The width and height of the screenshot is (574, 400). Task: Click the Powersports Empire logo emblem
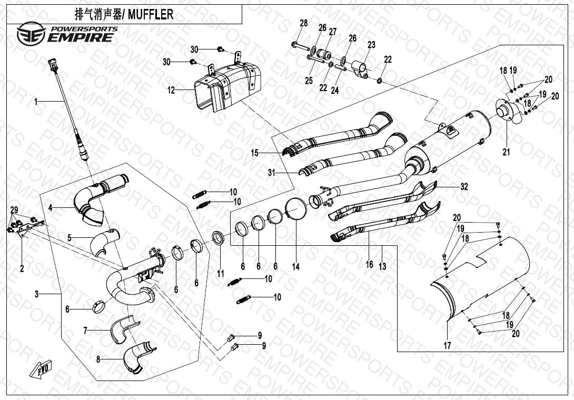27,35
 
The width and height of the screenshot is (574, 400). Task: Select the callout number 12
171,91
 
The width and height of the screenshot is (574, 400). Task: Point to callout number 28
303,23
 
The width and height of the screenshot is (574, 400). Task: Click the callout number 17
447,346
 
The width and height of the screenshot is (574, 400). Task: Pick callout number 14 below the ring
296,267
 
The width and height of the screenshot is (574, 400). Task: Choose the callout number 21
506,153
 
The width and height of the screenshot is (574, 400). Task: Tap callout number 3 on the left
36,294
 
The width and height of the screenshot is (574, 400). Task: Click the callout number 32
463,186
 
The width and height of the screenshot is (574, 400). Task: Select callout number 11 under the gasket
221,274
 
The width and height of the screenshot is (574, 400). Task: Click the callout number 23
371,45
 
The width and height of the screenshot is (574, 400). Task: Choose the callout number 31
271,172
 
